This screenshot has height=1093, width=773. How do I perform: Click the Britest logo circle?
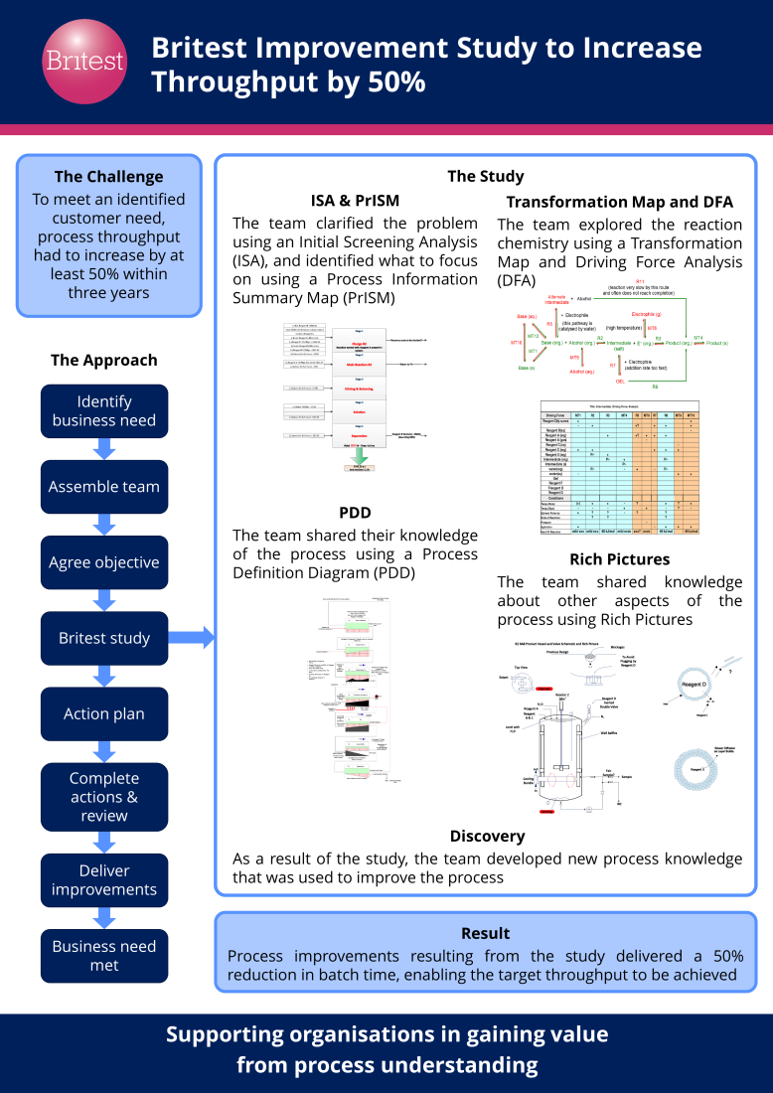pyautogui.click(x=84, y=61)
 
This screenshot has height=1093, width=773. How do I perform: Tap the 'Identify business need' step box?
pyautogui.click(x=104, y=411)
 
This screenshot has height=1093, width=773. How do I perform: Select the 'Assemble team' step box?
pyautogui.click(x=104, y=487)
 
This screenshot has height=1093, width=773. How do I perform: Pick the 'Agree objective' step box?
pyautogui.click(x=104, y=562)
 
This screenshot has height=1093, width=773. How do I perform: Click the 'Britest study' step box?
pyautogui.click(x=104, y=638)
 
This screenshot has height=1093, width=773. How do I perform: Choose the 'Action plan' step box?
pyautogui.click(x=104, y=713)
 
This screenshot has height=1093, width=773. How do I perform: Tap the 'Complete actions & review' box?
pyautogui.click(x=104, y=797)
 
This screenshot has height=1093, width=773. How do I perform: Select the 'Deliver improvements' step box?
pyautogui.click(x=104, y=880)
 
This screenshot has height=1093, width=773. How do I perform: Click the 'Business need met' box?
pyautogui.click(x=104, y=956)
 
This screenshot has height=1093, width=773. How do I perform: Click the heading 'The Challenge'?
pyautogui.click(x=108, y=177)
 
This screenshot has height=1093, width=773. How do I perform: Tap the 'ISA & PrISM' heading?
pyautogui.click(x=355, y=201)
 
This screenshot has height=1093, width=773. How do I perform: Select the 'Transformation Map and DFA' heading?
pyautogui.click(x=619, y=202)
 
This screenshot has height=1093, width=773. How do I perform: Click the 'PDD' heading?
pyautogui.click(x=355, y=513)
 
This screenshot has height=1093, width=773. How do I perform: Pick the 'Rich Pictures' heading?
pyautogui.click(x=619, y=559)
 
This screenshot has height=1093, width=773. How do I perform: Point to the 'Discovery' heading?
pyautogui.click(x=487, y=836)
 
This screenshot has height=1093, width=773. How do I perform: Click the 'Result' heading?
pyautogui.click(x=486, y=933)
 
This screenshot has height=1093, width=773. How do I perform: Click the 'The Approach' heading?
pyautogui.click(x=104, y=360)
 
